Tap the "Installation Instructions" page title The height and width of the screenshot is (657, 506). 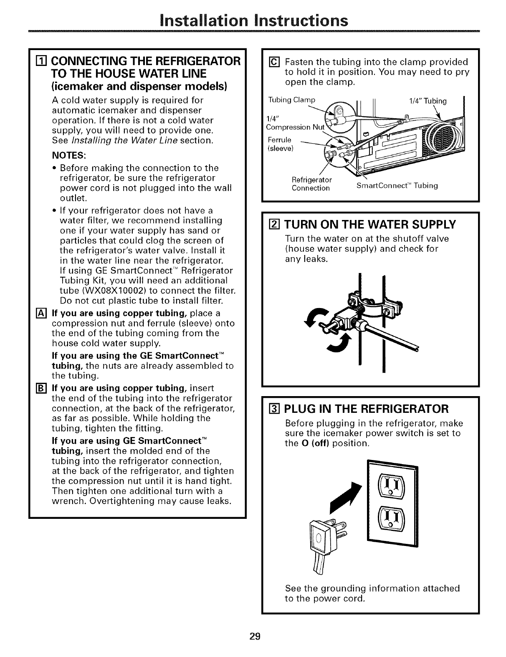pos(253,20)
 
